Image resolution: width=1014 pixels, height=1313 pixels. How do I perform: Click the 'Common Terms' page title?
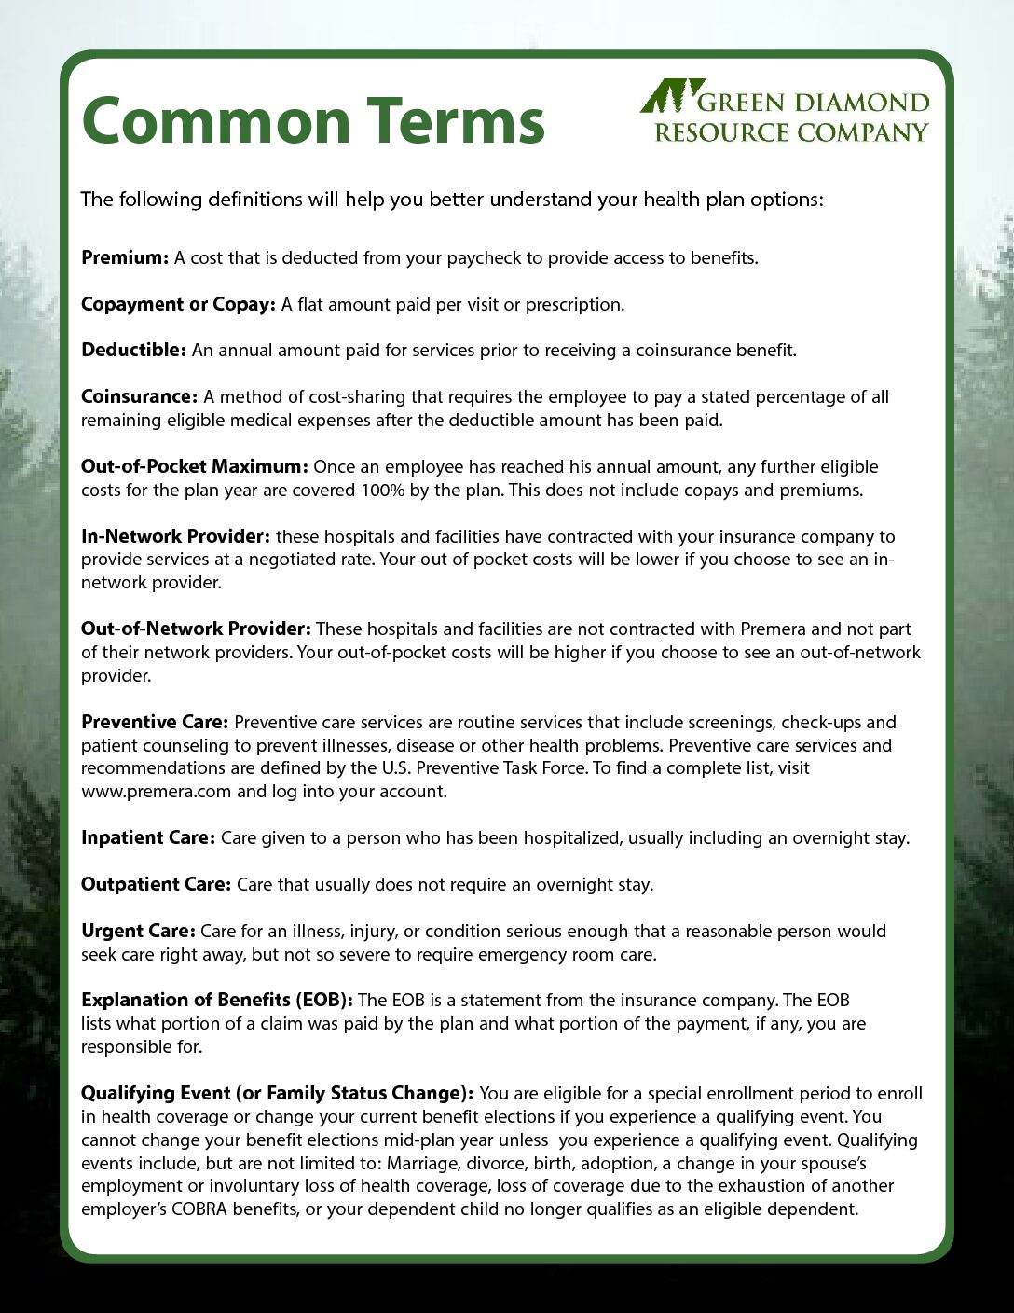click(313, 121)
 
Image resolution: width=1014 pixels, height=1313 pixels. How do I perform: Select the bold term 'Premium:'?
click(125, 257)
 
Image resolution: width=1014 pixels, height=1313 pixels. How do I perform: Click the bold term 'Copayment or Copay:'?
click(178, 304)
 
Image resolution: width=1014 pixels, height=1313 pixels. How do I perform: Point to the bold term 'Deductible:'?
click(134, 351)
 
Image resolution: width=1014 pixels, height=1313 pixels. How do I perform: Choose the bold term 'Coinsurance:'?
click(139, 396)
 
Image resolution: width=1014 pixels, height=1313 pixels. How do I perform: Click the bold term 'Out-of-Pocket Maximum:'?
click(194, 466)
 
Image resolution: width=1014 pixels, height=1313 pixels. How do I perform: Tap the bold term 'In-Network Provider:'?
click(175, 536)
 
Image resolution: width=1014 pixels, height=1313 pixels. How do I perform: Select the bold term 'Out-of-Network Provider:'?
click(196, 629)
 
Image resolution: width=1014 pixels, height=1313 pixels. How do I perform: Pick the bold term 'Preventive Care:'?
click(155, 722)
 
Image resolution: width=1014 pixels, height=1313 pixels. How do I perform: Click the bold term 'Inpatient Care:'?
click(148, 837)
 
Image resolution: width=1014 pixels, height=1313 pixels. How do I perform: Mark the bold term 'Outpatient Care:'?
click(156, 884)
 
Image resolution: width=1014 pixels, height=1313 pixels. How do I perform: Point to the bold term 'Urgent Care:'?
click(138, 931)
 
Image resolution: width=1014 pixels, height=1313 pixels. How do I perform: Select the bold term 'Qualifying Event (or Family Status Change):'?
click(277, 1093)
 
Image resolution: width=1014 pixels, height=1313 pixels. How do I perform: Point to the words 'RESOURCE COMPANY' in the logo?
click(791, 132)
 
